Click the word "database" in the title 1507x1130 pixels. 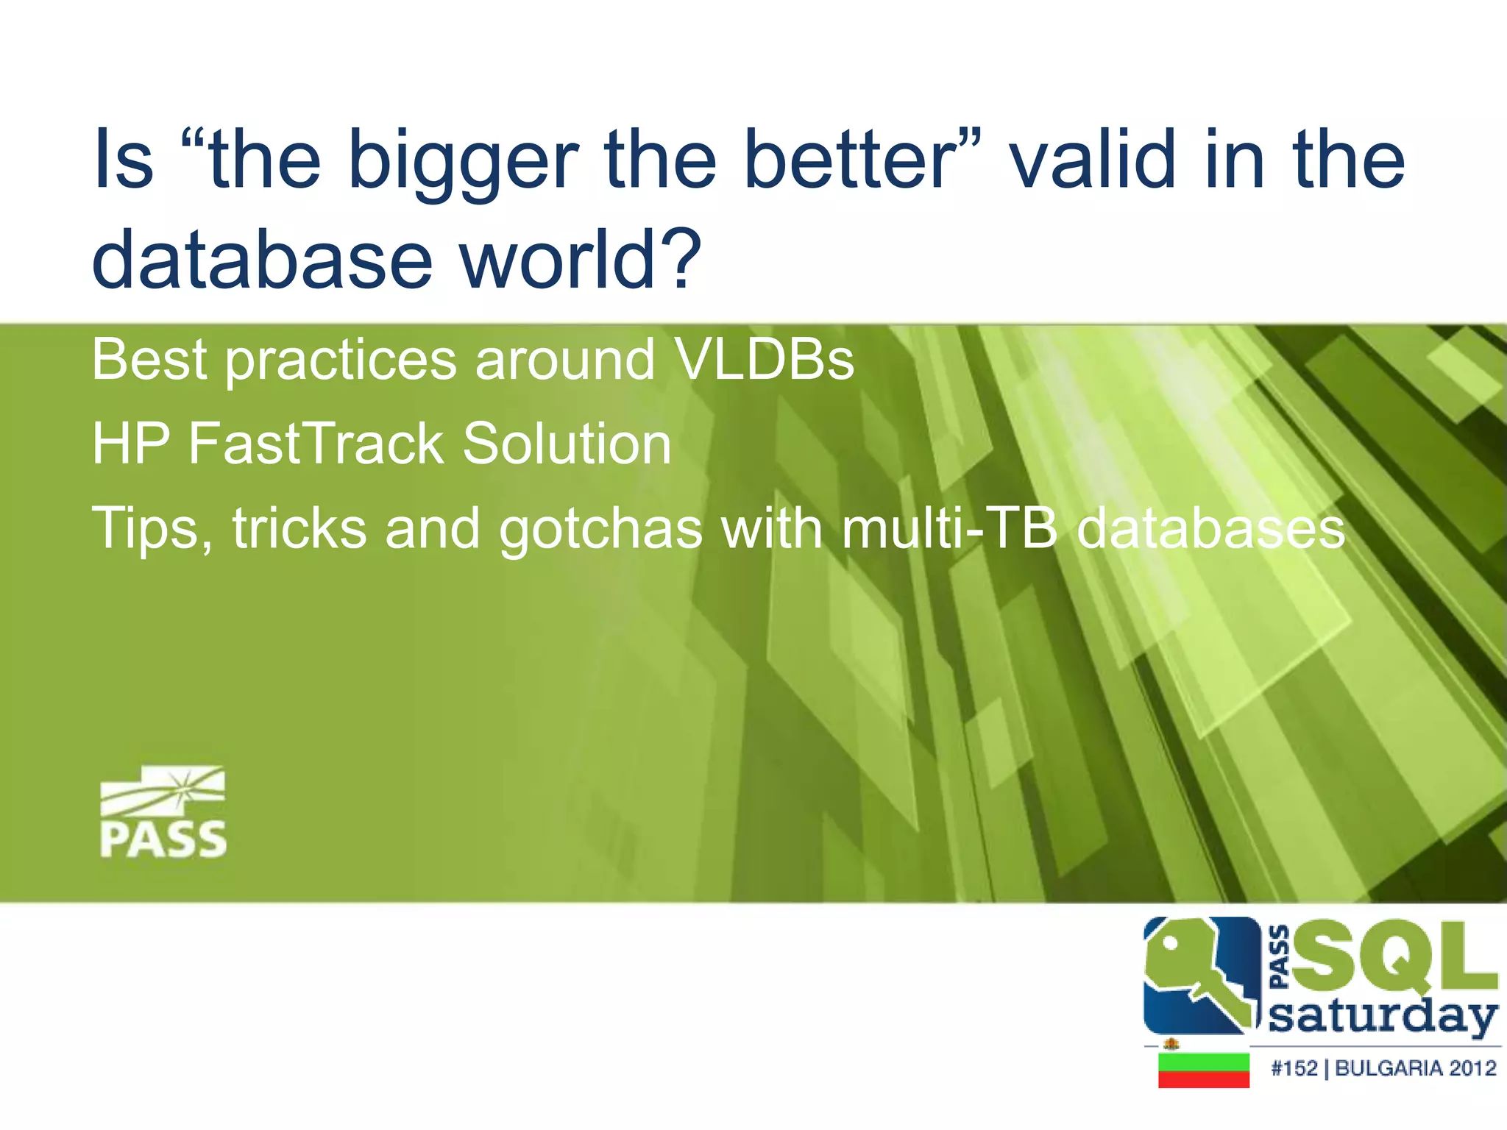[262, 259]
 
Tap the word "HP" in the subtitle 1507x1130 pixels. [131, 444]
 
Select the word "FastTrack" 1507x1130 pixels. [316, 444]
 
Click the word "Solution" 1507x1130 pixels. [567, 444]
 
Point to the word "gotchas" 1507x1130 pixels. [600, 530]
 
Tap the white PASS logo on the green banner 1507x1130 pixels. [163, 812]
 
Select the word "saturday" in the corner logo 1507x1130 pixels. [1382, 1017]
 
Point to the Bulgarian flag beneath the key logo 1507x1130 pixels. [1204, 1070]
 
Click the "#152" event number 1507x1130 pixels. [1294, 1068]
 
